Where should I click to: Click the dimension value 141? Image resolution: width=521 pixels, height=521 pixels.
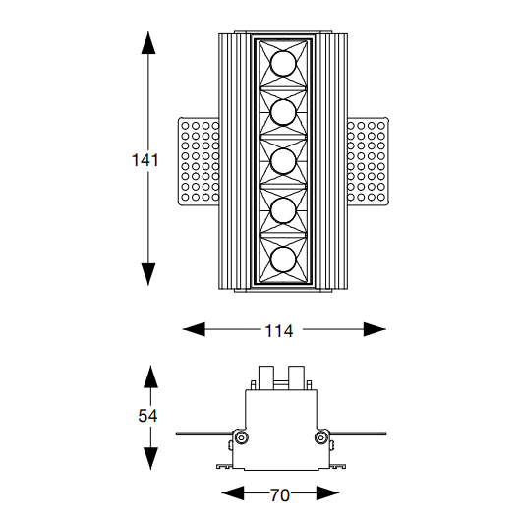(x=145, y=160)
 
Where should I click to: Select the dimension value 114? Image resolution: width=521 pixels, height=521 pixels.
(x=279, y=331)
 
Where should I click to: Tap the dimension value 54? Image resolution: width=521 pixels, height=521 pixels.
(x=147, y=416)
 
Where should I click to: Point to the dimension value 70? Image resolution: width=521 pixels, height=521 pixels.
(x=280, y=495)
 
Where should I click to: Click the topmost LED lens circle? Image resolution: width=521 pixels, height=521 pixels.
(x=283, y=64)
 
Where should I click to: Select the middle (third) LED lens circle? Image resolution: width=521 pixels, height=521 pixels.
(x=283, y=161)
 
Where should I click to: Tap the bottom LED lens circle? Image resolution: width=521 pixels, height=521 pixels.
(x=283, y=260)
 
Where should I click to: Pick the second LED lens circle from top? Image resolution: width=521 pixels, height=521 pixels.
(x=283, y=112)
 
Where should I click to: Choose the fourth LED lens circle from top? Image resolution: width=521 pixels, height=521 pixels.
(x=283, y=210)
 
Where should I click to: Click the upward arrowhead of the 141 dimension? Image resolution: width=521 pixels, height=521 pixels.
(x=148, y=42)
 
